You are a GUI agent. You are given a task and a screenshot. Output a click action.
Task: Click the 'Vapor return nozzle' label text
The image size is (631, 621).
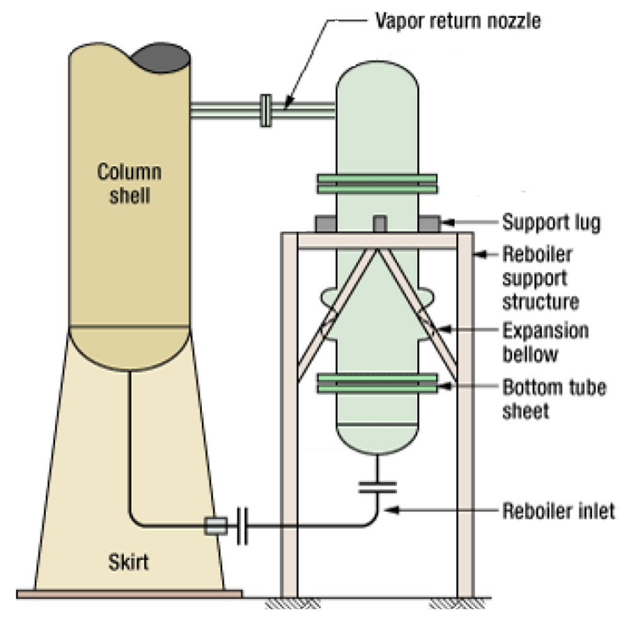point(458,21)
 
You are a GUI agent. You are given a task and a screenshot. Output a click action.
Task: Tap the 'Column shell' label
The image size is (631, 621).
point(129,183)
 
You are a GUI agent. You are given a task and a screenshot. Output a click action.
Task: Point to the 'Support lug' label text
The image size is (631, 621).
point(551,222)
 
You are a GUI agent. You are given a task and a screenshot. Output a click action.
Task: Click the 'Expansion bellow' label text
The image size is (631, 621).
point(545,342)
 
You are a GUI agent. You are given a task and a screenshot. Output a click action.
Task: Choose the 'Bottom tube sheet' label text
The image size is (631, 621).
point(554,398)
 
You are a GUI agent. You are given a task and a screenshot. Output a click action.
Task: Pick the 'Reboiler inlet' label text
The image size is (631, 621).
point(558,510)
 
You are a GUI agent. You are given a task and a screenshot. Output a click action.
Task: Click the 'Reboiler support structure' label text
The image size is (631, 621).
point(540,278)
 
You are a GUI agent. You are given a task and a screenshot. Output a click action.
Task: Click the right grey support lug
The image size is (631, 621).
point(430,223)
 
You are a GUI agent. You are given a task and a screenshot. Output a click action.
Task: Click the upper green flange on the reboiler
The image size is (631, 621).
point(377,183)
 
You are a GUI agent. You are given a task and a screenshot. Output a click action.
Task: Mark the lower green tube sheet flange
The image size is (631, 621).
point(377,381)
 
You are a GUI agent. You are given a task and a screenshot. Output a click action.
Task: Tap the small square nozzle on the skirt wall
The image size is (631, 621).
point(215,526)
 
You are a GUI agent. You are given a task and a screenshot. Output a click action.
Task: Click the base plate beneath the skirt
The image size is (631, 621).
point(129,593)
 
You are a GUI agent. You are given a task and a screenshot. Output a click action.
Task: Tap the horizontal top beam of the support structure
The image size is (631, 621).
point(377,240)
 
